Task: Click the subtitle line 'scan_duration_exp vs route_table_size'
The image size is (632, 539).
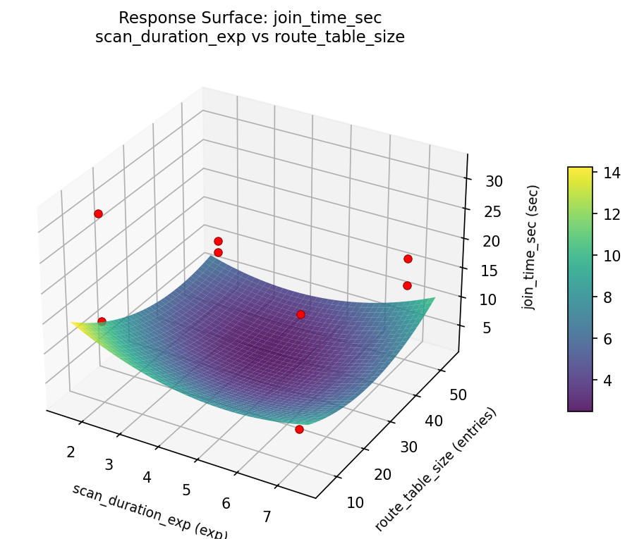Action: click(250, 37)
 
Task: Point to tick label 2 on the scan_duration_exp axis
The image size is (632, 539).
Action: click(71, 452)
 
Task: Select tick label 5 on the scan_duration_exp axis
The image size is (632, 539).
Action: click(187, 490)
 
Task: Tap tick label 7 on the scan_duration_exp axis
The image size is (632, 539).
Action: click(267, 516)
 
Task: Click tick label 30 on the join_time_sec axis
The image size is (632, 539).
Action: click(494, 181)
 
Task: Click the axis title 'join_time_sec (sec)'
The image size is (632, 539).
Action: click(530, 247)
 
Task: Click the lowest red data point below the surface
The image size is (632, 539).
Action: click(299, 429)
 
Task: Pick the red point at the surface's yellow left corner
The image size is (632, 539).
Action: click(102, 321)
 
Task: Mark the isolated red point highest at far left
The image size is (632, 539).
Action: click(98, 213)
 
